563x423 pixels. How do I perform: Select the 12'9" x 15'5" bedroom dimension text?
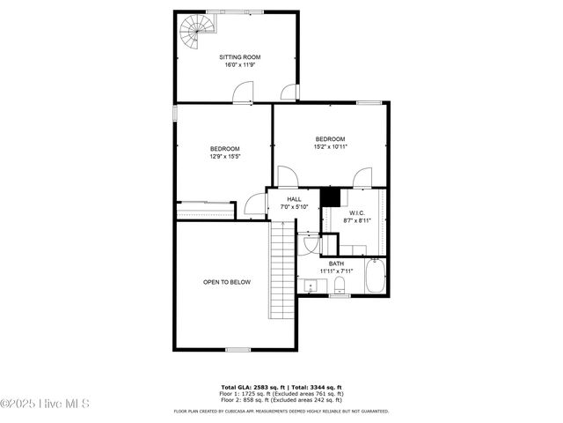[224, 157]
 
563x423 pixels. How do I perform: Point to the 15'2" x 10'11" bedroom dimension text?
[331, 147]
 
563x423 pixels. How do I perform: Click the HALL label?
[294, 199]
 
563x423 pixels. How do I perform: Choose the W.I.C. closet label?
[356, 212]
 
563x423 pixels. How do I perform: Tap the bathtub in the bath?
[375, 276]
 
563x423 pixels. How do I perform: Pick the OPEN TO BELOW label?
[227, 282]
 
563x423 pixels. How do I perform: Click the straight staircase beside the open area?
[281, 271]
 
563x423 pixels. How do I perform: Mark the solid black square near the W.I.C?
[331, 197]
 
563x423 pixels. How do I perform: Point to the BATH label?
[337, 263]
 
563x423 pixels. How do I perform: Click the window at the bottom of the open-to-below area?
[238, 350]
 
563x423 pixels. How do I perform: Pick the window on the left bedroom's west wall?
[175, 114]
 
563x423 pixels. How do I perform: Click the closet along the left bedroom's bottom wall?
[206, 211]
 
